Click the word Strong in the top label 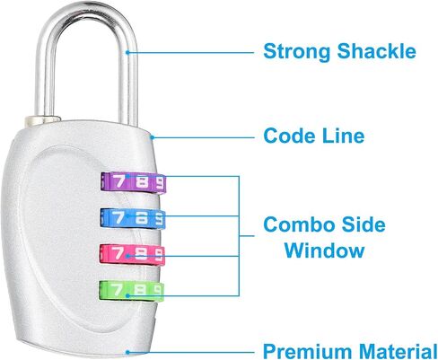click(296, 52)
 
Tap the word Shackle click(377, 50)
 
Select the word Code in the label click(289, 136)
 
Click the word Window click(324, 250)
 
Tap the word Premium click(307, 352)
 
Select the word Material click(399, 351)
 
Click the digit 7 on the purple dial click(118, 180)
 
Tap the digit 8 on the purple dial click(142, 182)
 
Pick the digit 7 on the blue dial click(118, 217)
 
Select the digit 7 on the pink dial click(118, 253)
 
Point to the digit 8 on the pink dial click(141, 254)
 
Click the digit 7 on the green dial click(117, 289)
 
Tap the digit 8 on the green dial click(140, 290)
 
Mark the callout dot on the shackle click(127, 53)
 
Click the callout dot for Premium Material click(127, 352)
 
